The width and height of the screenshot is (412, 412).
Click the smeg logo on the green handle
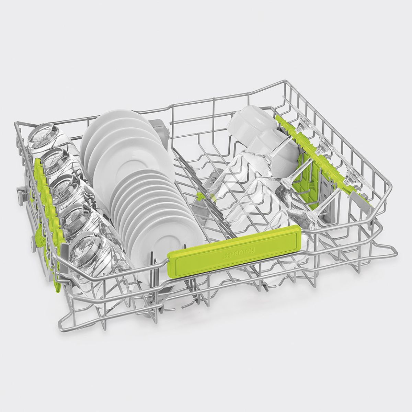pos(240,255)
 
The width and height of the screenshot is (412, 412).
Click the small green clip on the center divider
pos(199,196)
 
